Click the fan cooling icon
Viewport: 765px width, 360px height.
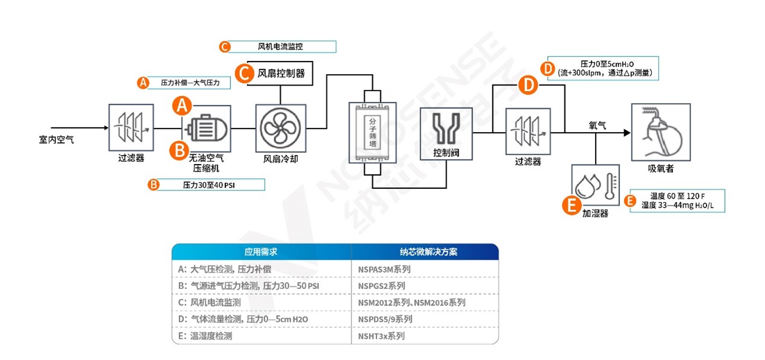(x=281, y=128)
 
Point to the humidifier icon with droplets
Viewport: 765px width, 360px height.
(x=594, y=185)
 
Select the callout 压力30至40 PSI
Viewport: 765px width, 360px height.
(x=206, y=185)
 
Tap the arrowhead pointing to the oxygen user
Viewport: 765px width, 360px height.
(x=626, y=133)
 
